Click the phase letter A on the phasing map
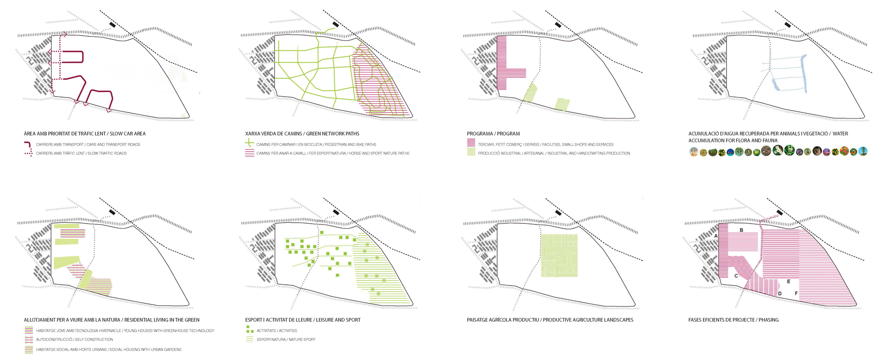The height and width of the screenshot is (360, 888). pos(716,236)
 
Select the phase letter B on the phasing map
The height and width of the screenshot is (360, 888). pos(741,230)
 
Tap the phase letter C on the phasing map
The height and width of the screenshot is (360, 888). pos(736,276)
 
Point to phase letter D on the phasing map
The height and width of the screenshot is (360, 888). pos(780,294)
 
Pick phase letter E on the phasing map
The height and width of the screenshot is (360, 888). pos(789,282)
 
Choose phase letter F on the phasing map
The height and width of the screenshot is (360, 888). pos(796,294)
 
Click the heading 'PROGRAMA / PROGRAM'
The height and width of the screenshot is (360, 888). pos(493,134)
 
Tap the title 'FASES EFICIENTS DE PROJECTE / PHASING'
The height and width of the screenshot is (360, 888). pos(734,320)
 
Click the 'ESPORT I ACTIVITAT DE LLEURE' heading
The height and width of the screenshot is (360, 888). pos(279,320)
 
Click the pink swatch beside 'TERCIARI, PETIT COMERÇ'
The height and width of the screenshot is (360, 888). pos(471,143)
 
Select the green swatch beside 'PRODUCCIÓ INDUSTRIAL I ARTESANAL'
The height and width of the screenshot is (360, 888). pos(471,152)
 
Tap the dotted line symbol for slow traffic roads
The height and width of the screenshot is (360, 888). pos(28,153)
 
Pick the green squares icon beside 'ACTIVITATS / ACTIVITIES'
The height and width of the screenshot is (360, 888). pos(250,330)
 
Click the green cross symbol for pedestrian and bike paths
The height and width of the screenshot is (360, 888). pos(250,143)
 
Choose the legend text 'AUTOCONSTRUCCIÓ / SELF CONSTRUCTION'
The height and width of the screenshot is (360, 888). pos(74,340)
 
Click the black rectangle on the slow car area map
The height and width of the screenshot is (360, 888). pos(113,24)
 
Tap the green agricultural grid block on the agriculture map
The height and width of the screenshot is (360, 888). pos(559,255)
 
